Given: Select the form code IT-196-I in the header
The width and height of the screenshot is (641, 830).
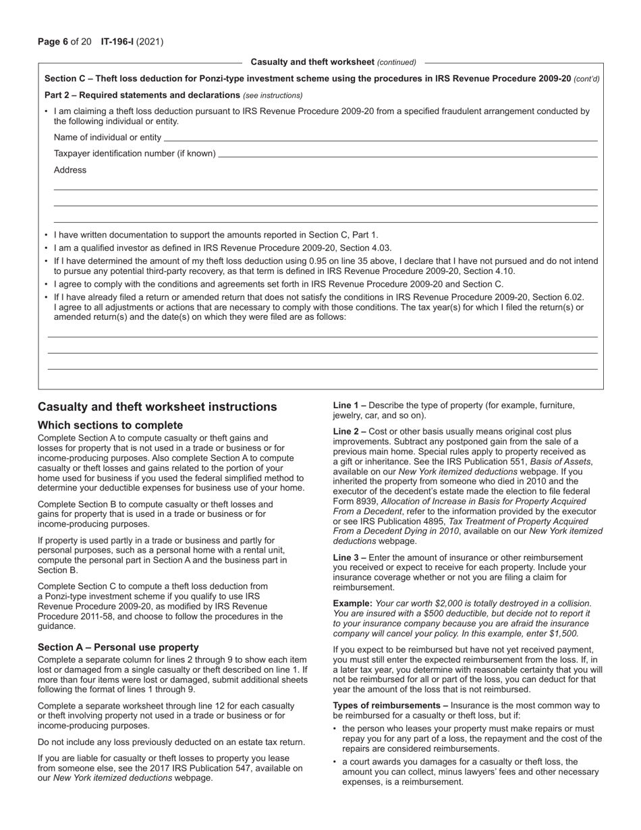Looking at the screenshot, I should coord(117,42).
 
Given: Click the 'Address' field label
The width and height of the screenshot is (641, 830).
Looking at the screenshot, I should coord(70,170).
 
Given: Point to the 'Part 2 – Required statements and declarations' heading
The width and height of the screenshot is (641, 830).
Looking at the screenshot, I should coord(142,95).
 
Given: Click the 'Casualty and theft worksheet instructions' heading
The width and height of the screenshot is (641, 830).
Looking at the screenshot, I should coord(157,407).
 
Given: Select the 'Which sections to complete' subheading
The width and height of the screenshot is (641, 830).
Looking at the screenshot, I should coord(110,425).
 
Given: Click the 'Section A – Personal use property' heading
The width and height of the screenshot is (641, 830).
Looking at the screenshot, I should coord(118,647).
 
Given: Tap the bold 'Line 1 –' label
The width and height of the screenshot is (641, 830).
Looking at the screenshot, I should coord(350,406).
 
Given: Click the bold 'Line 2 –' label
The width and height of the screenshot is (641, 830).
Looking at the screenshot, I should coord(350,431).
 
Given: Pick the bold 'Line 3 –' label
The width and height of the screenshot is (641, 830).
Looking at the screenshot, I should coord(350,557).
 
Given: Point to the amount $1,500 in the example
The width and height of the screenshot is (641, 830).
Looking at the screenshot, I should coord(563,634).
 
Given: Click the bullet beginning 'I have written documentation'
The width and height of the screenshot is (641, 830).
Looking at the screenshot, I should coord(216,236).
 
